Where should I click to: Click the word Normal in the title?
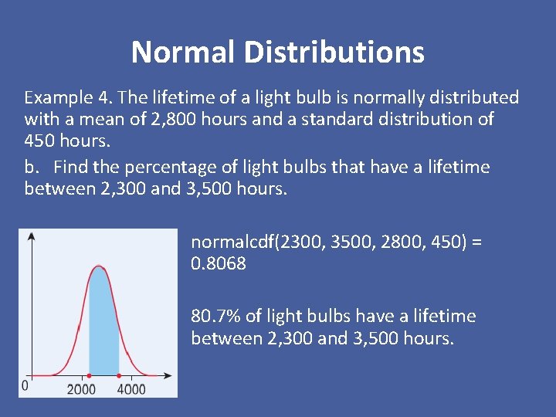(x=183, y=53)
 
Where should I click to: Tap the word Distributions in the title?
(x=334, y=53)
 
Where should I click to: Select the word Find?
(x=71, y=167)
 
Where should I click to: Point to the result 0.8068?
(x=219, y=263)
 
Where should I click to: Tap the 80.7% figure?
(x=216, y=316)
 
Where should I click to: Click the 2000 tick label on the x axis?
(x=81, y=388)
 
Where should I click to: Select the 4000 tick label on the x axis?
(x=131, y=388)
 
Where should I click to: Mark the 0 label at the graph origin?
(x=25, y=385)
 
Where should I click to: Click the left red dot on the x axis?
(x=90, y=376)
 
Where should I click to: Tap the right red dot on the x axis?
(x=119, y=376)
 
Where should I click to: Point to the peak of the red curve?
(x=99, y=267)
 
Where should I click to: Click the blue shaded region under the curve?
(x=103, y=324)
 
